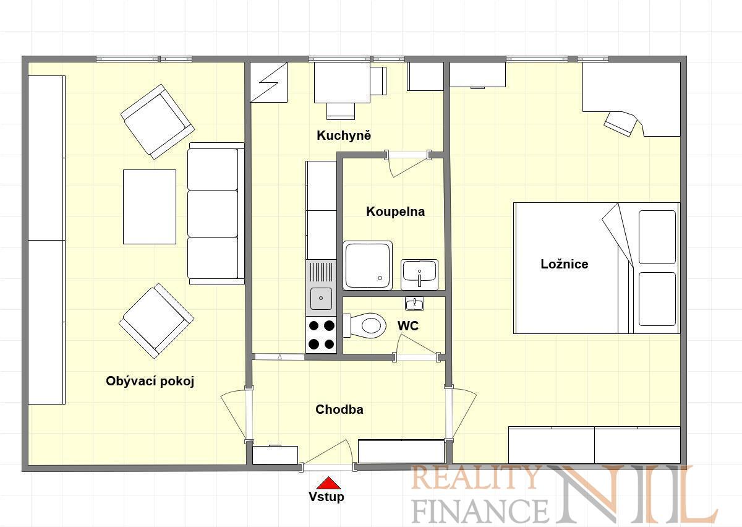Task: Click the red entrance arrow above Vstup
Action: pyautogui.click(x=328, y=483)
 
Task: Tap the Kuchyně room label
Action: pyautogui.click(x=344, y=135)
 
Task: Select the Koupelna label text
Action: pyautogui.click(x=396, y=212)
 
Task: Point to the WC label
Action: pyautogui.click(x=408, y=326)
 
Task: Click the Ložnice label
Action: pyautogui.click(x=565, y=264)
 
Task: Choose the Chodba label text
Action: pyautogui.click(x=339, y=409)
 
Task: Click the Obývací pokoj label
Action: pyautogui.click(x=150, y=381)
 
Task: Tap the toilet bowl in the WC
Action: pyautogui.click(x=365, y=325)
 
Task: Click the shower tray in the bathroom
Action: pyautogui.click(x=368, y=265)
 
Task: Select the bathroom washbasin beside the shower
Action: pyautogui.click(x=419, y=275)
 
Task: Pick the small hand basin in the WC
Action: pyautogui.click(x=414, y=304)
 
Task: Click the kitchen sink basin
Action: pyautogui.click(x=321, y=299)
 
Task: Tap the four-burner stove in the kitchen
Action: pyautogui.click(x=322, y=335)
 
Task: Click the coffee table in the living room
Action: pyautogui.click(x=150, y=207)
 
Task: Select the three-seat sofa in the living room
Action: pyautogui.click(x=216, y=214)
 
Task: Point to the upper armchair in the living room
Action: pyautogui.click(x=157, y=122)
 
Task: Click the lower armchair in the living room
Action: pyautogui.click(x=156, y=321)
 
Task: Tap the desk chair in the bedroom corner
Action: pyautogui.click(x=620, y=124)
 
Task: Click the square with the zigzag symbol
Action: pyautogui.click(x=268, y=82)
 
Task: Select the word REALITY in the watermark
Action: pyautogui.click(x=474, y=478)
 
